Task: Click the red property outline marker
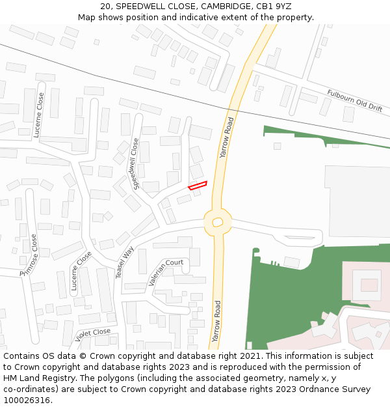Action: point(198,186)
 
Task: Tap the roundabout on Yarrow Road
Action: point(218,223)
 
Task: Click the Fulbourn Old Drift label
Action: point(355,101)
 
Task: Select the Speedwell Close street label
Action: point(136,163)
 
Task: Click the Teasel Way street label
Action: point(124,262)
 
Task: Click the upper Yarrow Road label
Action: point(226,138)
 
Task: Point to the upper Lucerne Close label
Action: point(40,114)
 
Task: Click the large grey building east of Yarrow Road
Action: point(357,201)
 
